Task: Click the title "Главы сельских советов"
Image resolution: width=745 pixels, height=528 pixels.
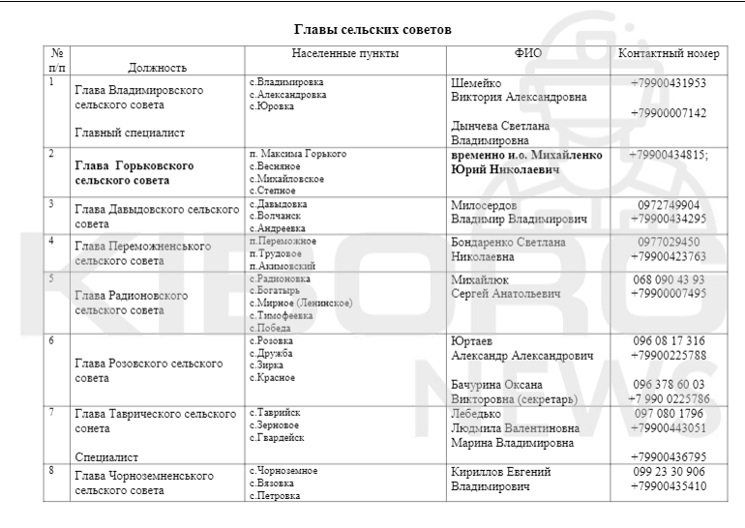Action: pyautogui.click(x=372, y=30)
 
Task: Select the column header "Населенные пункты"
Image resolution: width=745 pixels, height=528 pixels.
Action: pyautogui.click(x=344, y=53)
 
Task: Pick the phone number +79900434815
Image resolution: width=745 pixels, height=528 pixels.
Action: pyautogui.click(x=668, y=155)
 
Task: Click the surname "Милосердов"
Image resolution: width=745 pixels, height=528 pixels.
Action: pyautogui.click(x=484, y=205)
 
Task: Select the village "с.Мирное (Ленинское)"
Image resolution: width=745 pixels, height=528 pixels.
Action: pyautogui.click(x=300, y=304)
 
